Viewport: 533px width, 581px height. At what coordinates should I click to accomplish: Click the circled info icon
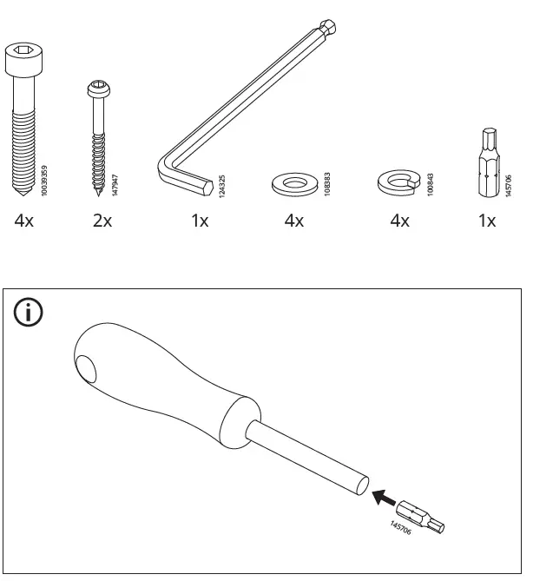click(x=30, y=314)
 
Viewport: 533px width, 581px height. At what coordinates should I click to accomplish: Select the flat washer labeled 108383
click(x=293, y=184)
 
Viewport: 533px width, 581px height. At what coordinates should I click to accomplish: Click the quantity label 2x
click(x=102, y=221)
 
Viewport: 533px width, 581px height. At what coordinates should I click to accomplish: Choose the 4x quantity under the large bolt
click(x=23, y=221)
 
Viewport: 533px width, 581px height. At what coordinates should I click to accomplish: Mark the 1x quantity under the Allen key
click(x=200, y=221)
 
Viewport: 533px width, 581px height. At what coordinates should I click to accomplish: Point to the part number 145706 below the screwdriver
click(x=401, y=530)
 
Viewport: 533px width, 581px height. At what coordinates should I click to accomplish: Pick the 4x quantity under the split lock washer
click(x=399, y=221)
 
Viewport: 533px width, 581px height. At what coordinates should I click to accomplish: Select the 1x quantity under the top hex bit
click(x=487, y=221)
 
